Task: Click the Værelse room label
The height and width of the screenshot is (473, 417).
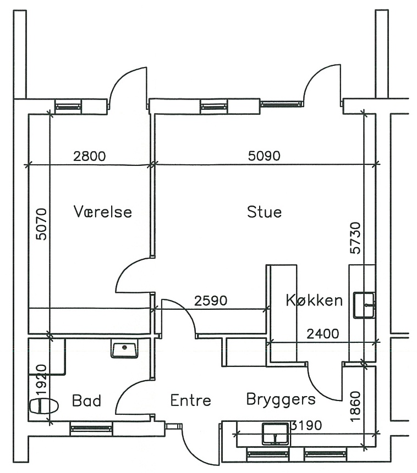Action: pyautogui.click(x=103, y=212)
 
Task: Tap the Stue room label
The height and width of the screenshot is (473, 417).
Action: pyautogui.click(x=265, y=212)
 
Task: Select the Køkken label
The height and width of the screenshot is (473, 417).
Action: pyautogui.click(x=314, y=300)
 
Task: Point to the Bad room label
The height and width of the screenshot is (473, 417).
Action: pyautogui.click(x=86, y=400)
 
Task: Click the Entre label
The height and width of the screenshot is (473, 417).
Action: pyautogui.click(x=190, y=400)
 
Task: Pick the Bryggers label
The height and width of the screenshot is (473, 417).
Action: pyautogui.click(x=281, y=400)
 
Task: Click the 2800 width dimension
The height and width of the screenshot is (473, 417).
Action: pyautogui.click(x=90, y=156)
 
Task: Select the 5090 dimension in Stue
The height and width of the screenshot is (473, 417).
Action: pyautogui.click(x=264, y=155)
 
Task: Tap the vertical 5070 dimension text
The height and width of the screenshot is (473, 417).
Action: pyautogui.click(x=42, y=224)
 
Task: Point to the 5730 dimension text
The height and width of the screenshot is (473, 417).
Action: pyautogui.click(x=355, y=238)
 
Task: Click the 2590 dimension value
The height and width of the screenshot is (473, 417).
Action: pyautogui.click(x=211, y=301)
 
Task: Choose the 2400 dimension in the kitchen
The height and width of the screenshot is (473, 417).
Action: pyautogui.click(x=323, y=334)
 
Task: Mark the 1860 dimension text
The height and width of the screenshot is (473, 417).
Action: pyautogui.click(x=355, y=407)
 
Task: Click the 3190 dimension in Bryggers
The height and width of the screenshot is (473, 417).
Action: pyautogui.click(x=306, y=425)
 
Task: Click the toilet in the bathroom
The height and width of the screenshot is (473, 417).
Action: pyautogui.click(x=44, y=406)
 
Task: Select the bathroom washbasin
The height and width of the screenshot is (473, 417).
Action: pyautogui.click(x=124, y=348)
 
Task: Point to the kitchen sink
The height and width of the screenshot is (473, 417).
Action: pyautogui.click(x=364, y=305)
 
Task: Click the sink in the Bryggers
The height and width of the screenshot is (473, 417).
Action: pyautogui.click(x=275, y=434)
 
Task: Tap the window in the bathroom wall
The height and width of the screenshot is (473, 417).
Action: pyautogui.click(x=91, y=428)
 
